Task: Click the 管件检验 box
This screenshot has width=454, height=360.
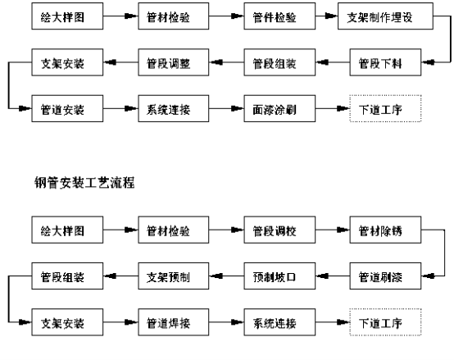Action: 279,16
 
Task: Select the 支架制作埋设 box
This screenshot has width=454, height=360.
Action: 385,16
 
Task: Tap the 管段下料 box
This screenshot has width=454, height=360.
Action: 385,62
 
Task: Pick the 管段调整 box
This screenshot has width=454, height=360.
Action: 174,62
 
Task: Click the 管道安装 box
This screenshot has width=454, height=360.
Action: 67,108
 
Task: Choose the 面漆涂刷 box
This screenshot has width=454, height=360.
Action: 279,108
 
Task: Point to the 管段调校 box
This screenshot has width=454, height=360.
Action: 279,230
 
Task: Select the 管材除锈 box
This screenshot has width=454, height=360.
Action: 385,230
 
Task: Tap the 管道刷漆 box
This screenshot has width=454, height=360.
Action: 385,276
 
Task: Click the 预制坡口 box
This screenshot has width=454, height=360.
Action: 279,276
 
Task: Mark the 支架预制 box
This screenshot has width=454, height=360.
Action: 174,276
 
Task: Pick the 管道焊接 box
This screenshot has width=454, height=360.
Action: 174,322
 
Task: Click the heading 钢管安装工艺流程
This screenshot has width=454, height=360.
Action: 84,183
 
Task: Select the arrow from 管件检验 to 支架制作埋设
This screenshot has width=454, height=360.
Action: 326,16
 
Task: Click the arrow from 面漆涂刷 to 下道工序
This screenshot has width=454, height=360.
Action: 333,108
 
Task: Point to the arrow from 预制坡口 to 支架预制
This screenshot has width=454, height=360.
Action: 226,276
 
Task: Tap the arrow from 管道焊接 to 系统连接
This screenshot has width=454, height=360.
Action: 226,322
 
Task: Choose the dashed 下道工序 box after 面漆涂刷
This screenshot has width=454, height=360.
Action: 385,108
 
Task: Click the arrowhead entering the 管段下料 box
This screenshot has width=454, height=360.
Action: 428,62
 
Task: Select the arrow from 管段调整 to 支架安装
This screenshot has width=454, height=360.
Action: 120,62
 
